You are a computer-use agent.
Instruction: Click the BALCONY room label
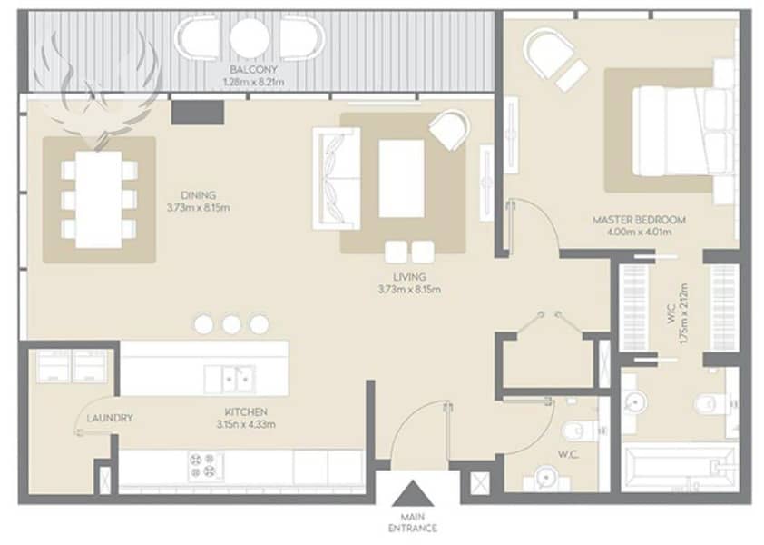[x=253, y=69]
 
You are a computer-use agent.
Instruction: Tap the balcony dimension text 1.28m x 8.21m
[x=253, y=82]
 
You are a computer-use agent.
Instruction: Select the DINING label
[x=199, y=195]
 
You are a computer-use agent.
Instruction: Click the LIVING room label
[x=409, y=277]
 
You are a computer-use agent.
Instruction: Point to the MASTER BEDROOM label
[x=640, y=220]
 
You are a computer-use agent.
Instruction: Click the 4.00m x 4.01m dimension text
[x=640, y=233]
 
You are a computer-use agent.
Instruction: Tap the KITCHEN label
[x=246, y=412]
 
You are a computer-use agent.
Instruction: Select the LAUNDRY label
[x=110, y=418]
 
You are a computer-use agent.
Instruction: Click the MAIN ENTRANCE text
[x=413, y=522]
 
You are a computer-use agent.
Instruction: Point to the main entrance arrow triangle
[x=413, y=494]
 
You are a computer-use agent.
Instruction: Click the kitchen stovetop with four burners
[x=206, y=465]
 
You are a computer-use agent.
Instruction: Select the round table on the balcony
[x=250, y=37]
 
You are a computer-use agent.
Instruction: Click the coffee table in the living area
[x=401, y=179]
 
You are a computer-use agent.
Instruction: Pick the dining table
[x=99, y=200]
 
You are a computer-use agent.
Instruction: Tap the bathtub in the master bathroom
[x=680, y=468]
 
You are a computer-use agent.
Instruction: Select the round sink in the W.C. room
[x=545, y=476]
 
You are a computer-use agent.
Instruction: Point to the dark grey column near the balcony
[x=197, y=113]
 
